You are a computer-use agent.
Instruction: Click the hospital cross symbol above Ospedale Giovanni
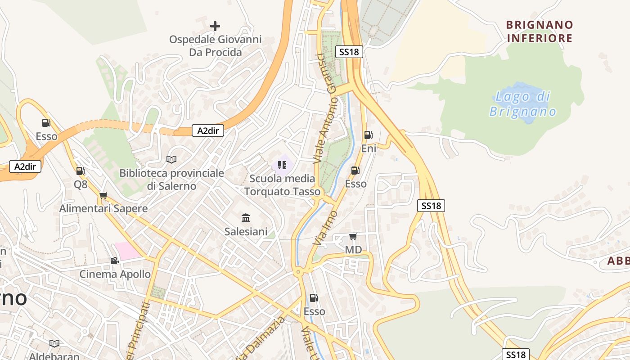click(x=215, y=26)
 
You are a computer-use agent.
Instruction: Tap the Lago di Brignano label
click(x=523, y=104)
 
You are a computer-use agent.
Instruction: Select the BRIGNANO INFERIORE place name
click(x=540, y=31)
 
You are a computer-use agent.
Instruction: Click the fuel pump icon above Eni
click(x=368, y=135)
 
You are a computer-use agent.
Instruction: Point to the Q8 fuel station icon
click(x=80, y=171)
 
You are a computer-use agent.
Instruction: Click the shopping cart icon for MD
click(x=353, y=236)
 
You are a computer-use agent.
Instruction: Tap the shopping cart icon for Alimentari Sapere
click(x=103, y=195)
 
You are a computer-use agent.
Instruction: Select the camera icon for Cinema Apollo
click(x=115, y=261)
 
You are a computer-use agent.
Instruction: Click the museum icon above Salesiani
click(x=246, y=218)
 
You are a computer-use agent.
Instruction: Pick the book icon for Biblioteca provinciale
click(x=171, y=159)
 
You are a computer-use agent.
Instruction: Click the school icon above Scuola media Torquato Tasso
click(x=282, y=165)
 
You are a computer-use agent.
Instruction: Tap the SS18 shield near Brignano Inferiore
click(x=349, y=52)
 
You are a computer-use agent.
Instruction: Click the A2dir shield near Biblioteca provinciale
click(x=208, y=131)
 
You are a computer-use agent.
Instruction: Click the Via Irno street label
click(x=325, y=228)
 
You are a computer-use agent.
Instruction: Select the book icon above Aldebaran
click(x=54, y=343)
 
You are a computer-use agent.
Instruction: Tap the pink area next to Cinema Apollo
click(x=127, y=251)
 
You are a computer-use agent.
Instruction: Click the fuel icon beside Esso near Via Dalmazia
click(x=314, y=298)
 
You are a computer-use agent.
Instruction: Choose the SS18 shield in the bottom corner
click(x=516, y=354)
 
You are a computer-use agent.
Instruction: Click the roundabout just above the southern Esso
click(x=297, y=272)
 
